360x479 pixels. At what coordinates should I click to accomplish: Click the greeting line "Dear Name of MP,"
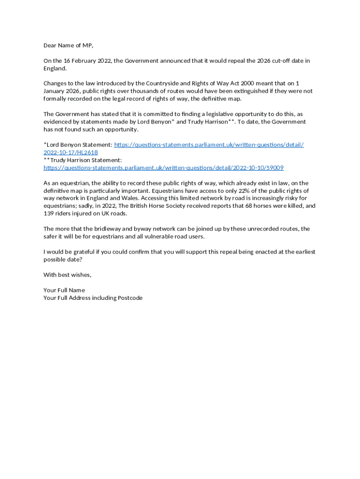[68, 45]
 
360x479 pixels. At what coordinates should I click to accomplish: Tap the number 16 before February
[68, 61]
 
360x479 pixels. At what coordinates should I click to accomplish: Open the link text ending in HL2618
[71, 152]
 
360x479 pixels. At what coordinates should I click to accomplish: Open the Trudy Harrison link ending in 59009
[164, 167]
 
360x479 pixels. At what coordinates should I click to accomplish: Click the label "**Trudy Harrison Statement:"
[83, 160]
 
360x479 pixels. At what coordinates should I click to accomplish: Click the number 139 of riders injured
[49, 213]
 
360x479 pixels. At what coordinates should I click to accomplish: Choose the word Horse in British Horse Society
[158, 206]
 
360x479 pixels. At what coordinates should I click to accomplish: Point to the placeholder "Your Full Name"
[64, 290]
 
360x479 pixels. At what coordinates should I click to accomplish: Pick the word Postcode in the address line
[130, 298]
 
